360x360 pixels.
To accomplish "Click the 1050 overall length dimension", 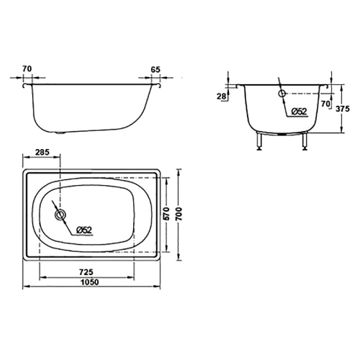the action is (x=89, y=282).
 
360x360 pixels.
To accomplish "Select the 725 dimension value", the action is (x=86, y=272).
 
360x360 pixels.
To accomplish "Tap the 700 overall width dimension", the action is (x=179, y=214).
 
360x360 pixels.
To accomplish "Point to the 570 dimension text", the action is (x=166, y=214).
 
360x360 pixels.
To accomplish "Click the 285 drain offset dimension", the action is (x=42, y=152).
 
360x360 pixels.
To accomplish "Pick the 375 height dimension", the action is (x=343, y=109).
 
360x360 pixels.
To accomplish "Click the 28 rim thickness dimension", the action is (x=221, y=96).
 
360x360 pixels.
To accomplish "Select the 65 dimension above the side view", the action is (x=156, y=70).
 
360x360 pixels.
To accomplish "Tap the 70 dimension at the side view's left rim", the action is (x=27, y=69).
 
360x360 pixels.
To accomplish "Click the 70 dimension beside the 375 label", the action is (x=325, y=104).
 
